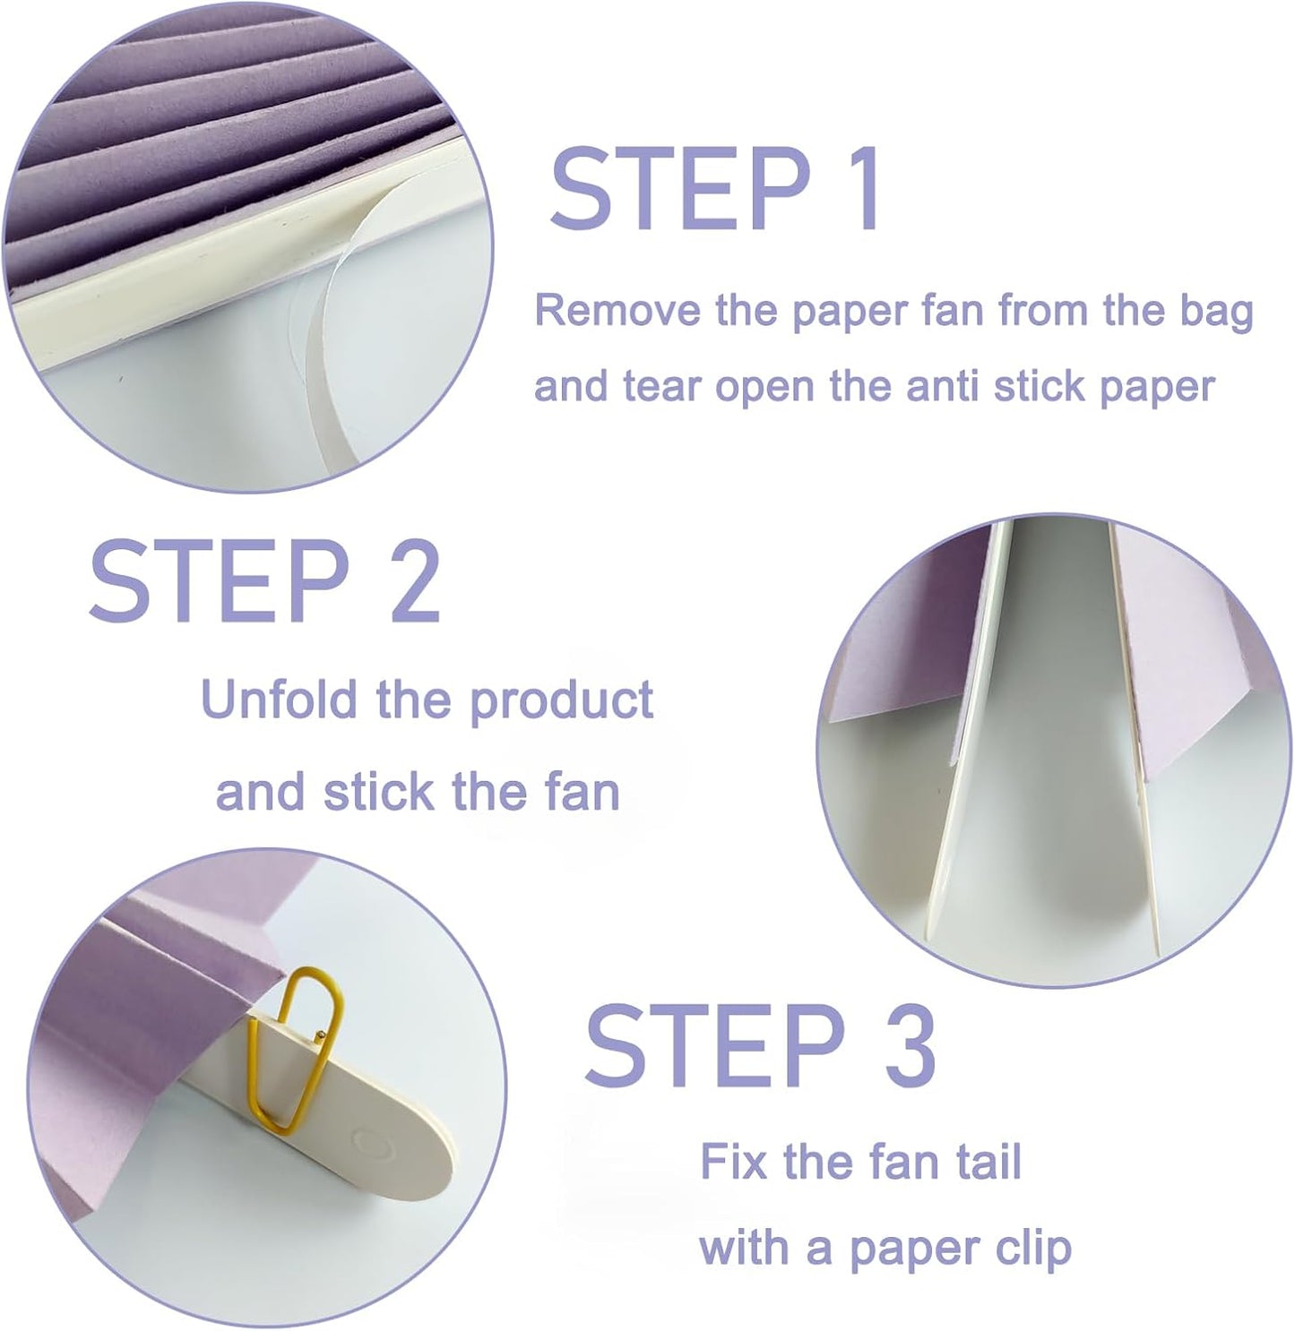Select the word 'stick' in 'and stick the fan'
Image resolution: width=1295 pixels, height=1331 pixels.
[379, 793]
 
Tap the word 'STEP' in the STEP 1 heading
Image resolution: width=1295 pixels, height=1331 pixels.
[679, 190]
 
